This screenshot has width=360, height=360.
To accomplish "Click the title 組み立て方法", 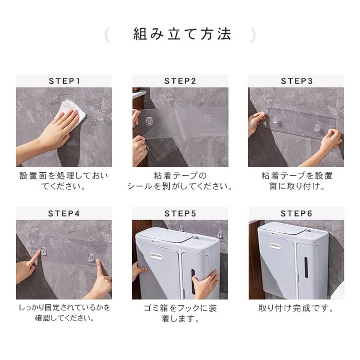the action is (182, 34).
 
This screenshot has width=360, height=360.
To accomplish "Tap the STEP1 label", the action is (64, 81).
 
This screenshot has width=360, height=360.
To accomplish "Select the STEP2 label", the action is (180, 81).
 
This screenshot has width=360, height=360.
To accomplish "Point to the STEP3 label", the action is (296, 81).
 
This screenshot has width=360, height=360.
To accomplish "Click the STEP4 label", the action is (64, 213).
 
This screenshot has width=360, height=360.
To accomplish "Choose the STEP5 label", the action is (180, 213).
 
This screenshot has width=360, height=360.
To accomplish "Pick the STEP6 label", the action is (296, 213).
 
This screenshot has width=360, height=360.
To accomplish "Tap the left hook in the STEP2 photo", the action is (150, 121).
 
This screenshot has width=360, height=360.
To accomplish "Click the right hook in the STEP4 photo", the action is (92, 257).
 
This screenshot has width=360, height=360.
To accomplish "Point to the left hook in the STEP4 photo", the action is (44, 251).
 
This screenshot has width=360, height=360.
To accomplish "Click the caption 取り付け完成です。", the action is (296, 308).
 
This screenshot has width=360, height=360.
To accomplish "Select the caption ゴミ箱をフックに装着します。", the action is (180, 313).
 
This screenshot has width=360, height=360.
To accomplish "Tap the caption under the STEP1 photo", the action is (64, 181).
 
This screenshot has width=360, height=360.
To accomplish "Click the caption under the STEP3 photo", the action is (297, 181).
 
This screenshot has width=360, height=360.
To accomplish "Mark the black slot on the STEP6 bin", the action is (306, 268).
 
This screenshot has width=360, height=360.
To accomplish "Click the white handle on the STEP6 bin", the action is (275, 246).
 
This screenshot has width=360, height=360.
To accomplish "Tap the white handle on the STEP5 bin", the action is (156, 256).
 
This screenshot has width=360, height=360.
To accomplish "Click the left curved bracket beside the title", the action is (107, 35).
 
